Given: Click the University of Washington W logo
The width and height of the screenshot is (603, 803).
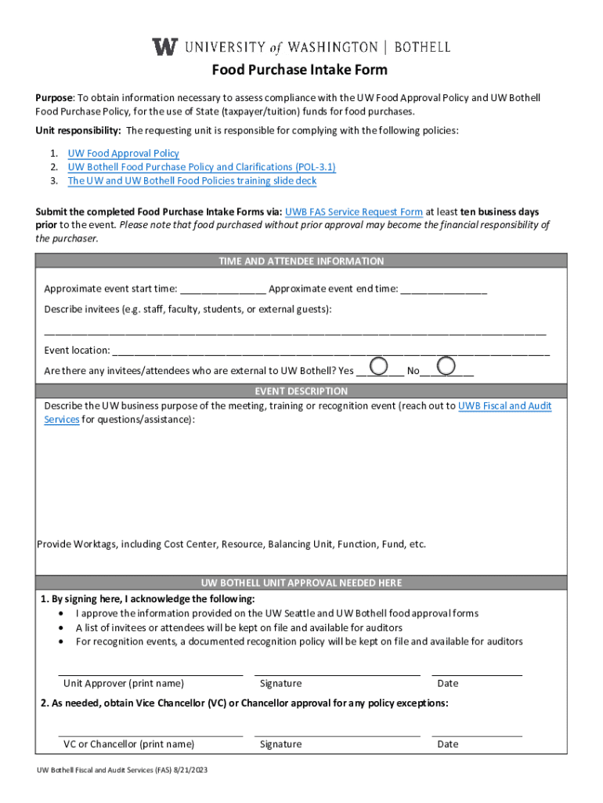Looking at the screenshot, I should (164, 46).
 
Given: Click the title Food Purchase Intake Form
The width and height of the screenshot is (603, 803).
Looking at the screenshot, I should (300, 70).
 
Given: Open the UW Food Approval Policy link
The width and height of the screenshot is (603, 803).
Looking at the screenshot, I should (123, 154).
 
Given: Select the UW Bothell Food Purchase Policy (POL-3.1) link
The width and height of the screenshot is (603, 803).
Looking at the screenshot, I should (201, 167).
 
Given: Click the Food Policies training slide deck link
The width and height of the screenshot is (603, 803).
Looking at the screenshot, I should (192, 180).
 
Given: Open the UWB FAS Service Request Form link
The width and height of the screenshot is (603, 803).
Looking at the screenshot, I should (354, 212).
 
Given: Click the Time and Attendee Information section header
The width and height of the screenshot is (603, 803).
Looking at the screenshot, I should (301, 261).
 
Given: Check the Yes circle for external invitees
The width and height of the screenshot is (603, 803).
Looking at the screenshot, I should (378, 365).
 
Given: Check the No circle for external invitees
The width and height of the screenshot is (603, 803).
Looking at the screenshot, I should (446, 365).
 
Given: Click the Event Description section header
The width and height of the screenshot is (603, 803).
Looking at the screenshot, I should (301, 391).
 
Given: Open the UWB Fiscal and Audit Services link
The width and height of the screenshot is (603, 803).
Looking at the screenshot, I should (504, 406).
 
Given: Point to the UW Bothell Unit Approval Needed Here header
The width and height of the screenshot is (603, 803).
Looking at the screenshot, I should (301, 583).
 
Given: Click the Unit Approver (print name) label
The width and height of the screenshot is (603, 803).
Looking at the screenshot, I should (124, 683).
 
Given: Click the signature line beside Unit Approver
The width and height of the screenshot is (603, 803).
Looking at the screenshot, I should (337, 674).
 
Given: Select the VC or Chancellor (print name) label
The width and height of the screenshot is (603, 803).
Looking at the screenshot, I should (128, 744).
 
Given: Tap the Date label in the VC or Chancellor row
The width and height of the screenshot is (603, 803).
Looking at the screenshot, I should (448, 744).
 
